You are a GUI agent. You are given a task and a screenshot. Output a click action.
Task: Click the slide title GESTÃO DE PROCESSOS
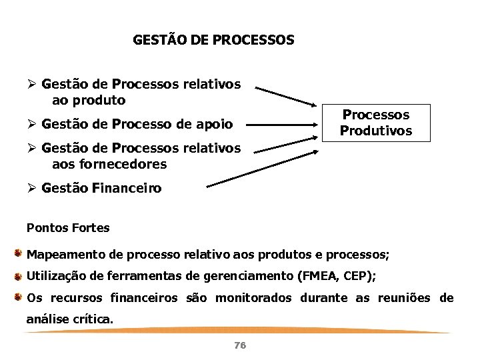[x=213, y=40]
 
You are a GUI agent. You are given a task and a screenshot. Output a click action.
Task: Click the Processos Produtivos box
[x=376, y=123]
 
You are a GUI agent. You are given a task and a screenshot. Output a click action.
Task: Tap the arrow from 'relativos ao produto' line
[x=287, y=95]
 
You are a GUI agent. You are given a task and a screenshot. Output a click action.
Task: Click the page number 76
[x=241, y=345]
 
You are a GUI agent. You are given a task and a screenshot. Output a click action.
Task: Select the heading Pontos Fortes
[x=68, y=228]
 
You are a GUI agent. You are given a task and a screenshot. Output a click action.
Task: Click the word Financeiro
[x=131, y=189]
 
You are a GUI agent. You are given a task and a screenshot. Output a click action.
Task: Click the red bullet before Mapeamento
[x=20, y=254]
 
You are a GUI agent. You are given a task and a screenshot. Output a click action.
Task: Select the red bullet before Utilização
[x=20, y=275]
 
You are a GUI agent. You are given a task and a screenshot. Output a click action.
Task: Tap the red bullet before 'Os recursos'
[x=20, y=297]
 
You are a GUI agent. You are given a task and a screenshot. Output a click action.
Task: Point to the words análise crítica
[x=69, y=319]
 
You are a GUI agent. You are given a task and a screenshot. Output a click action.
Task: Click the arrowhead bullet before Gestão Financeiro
[x=30, y=189]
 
